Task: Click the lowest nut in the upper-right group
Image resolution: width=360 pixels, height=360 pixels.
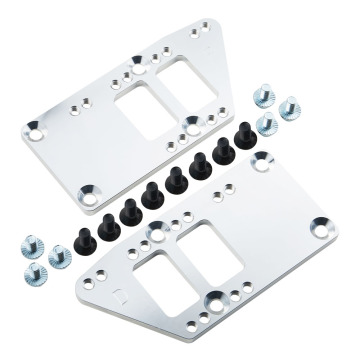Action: coord(267,125)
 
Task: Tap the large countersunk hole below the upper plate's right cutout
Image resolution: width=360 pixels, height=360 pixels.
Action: coord(190,123)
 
